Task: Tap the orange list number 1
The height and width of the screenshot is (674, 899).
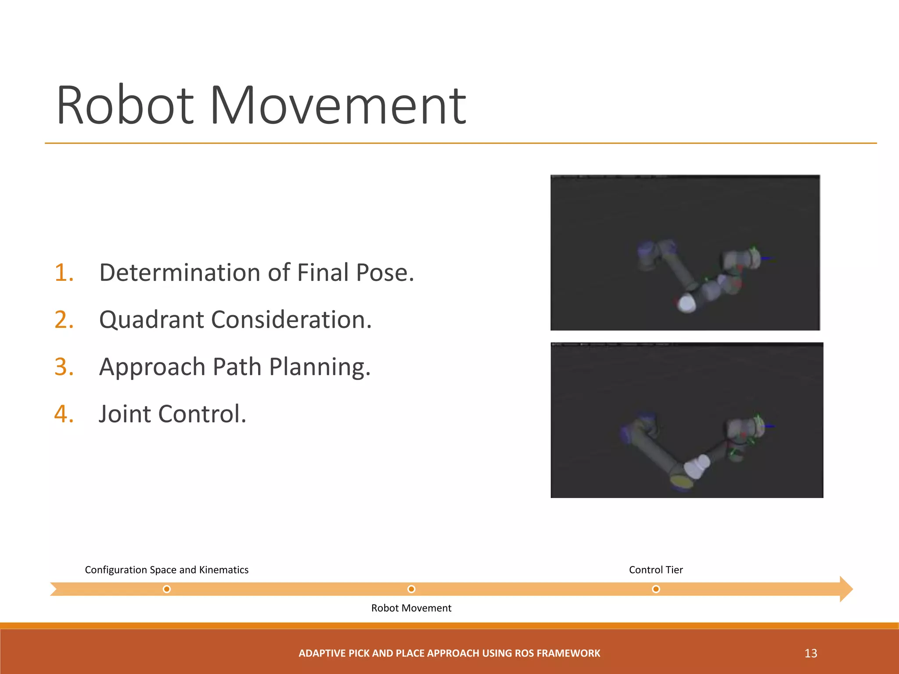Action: click(x=64, y=272)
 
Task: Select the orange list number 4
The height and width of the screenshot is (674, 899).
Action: click(x=64, y=414)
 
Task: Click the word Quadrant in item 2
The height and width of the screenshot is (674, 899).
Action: click(x=151, y=320)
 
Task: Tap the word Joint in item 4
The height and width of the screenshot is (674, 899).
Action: click(x=125, y=414)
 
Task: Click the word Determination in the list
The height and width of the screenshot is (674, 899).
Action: click(x=180, y=272)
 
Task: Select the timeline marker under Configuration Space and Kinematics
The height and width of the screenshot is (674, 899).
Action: click(x=166, y=589)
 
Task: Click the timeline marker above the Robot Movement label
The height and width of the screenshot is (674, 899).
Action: click(x=411, y=589)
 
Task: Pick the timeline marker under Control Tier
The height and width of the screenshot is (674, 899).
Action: click(x=656, y=589)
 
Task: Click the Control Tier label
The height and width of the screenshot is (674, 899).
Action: click(x=656, y=570)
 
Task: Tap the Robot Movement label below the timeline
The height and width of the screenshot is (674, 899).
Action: click(x=411, y=608)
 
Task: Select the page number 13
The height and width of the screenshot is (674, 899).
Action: click(x=811, y=653)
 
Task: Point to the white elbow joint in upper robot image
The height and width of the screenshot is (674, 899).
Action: click(x=686, y=303)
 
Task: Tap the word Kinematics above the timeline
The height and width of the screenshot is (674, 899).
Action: click(x=223, y=570)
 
